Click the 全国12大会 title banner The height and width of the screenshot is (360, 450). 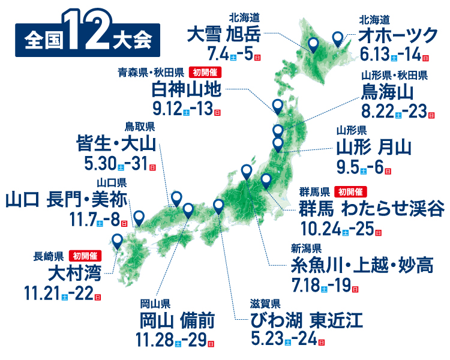click(x=88, y=41)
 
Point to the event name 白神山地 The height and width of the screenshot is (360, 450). click(x=188, y=91)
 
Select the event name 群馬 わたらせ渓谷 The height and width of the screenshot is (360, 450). click(x=372, y=209)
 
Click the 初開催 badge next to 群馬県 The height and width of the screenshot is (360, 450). click(x=351, y=192)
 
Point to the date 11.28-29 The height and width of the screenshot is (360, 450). click(x=175, y=340)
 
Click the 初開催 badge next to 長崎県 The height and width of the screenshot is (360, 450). click(x=86, y=256)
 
